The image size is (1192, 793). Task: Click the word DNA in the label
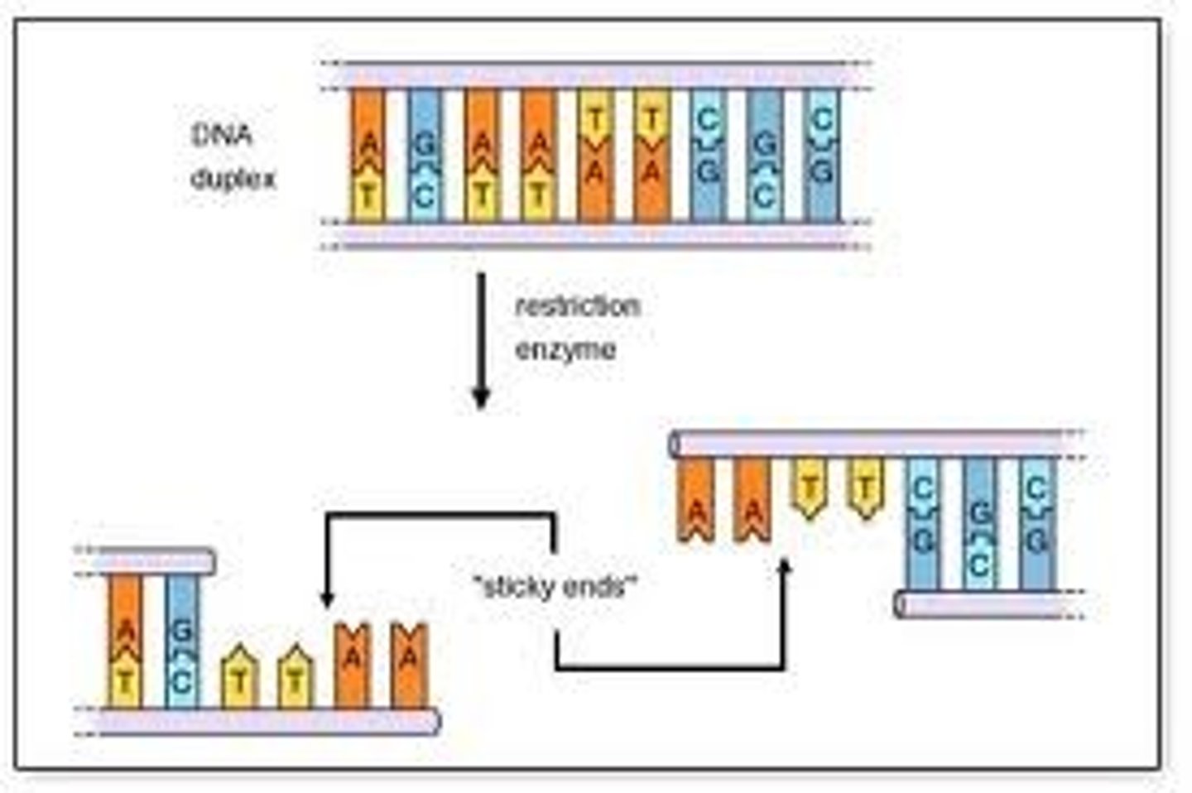[x=221, y=135]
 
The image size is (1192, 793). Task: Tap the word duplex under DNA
[x=233, y=179]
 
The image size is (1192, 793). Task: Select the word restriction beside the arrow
[x=578, y=306]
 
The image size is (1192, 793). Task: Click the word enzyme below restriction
[x=565, y=349]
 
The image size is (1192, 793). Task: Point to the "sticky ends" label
[x=555, y=588]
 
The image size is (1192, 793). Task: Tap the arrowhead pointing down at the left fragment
[x=328, y=599]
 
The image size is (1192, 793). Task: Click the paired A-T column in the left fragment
[x=125, y=642]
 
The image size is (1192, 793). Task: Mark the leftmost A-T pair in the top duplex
[x=368, y=156]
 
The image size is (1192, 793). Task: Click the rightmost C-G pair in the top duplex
[x=821, y=156]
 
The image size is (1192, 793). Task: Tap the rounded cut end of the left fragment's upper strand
[x=208, y=562]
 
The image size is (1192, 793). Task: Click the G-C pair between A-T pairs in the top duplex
[x=424, y=156]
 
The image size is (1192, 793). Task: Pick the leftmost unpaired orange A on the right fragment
[x=696, y=501]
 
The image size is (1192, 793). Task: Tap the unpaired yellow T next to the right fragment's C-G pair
[x=865, y=489]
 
